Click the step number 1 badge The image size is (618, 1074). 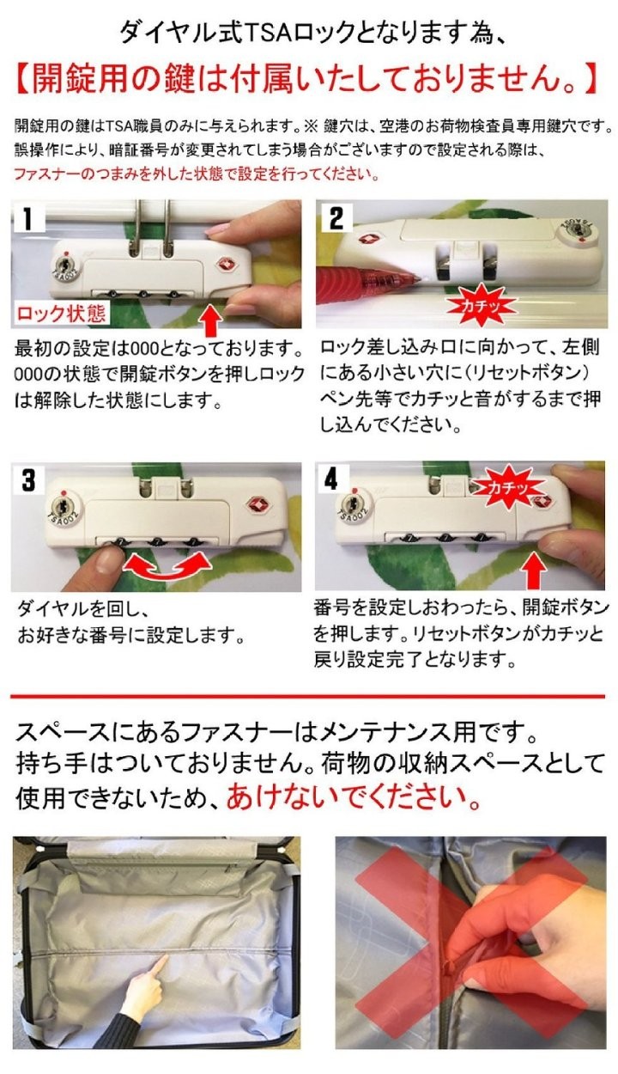tap(27, 219)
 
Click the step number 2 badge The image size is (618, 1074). tap(336, 217)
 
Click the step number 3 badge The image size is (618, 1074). tap(29, 480)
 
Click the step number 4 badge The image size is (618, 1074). tap(331, 479)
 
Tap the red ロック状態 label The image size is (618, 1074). tap(61, 314)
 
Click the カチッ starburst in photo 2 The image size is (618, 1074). tap(481, 305)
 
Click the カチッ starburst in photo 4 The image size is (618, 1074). tap(509, 487)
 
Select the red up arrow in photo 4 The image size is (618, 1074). tap(534, 570)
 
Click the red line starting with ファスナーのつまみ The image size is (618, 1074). tap(197, 174)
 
